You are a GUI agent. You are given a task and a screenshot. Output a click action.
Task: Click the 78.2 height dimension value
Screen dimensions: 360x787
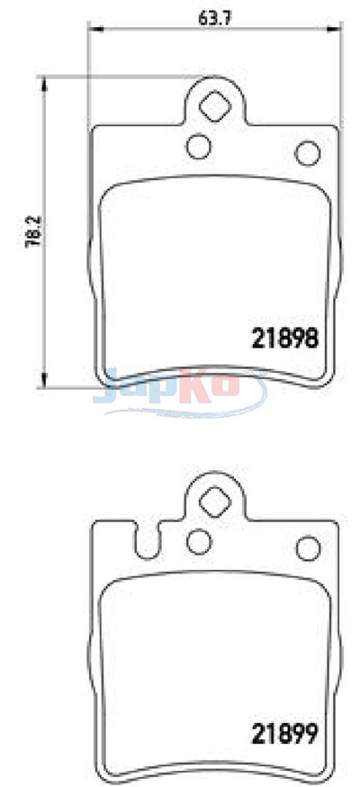(33, 232)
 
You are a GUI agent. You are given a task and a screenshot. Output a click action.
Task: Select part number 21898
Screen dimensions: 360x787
(284, 339)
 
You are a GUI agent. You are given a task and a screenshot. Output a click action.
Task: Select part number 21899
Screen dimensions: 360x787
(284, 735)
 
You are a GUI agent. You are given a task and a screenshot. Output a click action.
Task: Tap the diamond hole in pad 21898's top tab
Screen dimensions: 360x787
(215, 104)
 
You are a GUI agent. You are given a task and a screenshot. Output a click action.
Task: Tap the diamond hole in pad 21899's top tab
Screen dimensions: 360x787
(215, 501)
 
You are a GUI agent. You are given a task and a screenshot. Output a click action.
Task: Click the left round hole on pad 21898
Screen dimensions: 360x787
(199, 146)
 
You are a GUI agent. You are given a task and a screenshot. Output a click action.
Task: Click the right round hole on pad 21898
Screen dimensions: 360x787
(308, 153)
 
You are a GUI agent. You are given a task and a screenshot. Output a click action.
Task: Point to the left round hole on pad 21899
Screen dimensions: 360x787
(199, 541)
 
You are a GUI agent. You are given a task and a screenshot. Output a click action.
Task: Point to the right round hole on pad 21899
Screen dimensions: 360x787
(308, 548)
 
